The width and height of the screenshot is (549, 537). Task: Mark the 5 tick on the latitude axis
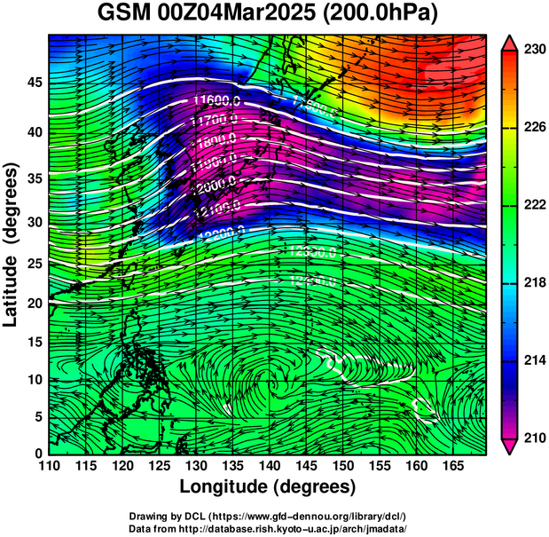pos(38,417)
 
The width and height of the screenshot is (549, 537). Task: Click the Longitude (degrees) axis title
pos(267,486)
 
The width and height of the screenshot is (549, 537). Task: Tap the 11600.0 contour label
pos(216,100)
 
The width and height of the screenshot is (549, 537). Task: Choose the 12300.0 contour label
pos(312,252)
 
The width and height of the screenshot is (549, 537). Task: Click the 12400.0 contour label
pos(313,280)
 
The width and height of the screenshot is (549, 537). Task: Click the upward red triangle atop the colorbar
pos(508,41)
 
